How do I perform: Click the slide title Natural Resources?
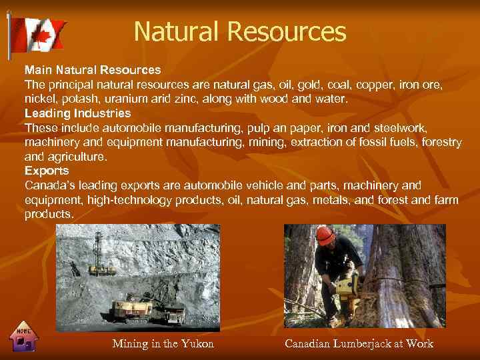240,31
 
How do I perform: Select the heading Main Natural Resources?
93,69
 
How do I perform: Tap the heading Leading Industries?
77,113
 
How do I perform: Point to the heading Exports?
47,171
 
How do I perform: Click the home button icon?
25,339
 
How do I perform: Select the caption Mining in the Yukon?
163,344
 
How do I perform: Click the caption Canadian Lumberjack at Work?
359,344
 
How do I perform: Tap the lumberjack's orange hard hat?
325,235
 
